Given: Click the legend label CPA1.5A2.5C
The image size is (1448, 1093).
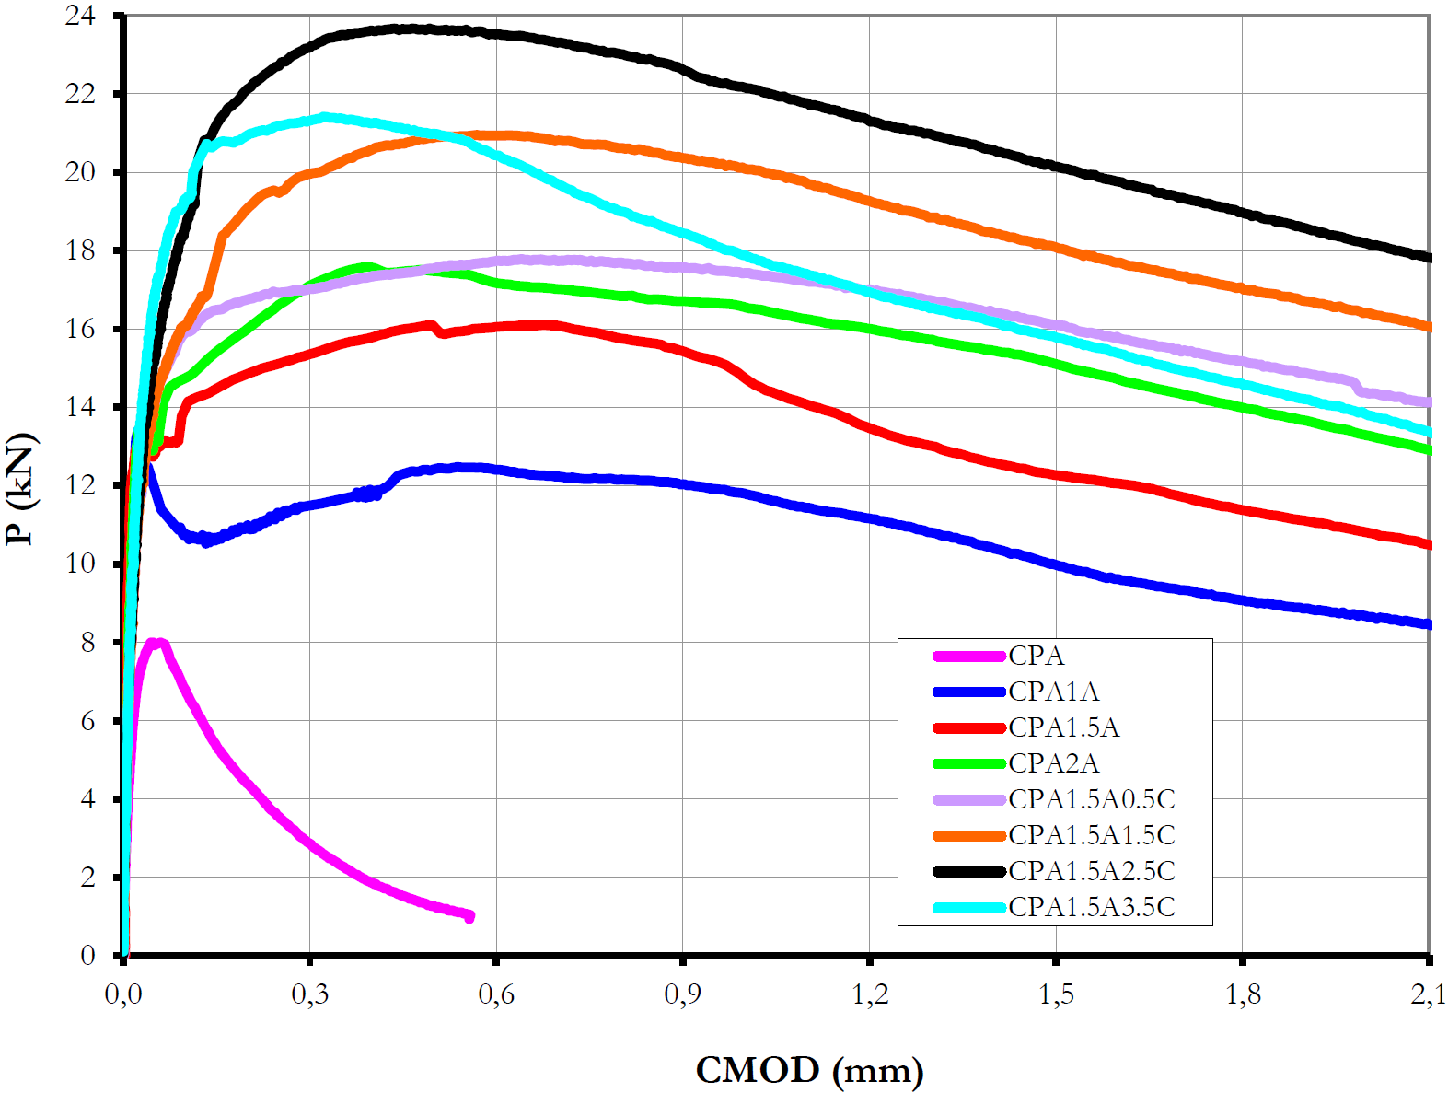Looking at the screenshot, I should point(1091,871).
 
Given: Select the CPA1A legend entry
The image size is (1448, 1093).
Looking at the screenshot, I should point(1053,692).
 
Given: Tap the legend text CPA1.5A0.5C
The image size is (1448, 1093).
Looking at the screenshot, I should point(1091,799).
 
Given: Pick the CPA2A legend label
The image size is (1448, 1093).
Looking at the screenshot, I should point(1053,763).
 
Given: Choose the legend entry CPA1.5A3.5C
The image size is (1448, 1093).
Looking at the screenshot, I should point(1091,907).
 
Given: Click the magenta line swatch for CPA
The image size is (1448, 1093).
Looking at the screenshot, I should point(968,657).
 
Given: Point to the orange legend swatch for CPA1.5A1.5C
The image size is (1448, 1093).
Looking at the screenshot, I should point(968,836).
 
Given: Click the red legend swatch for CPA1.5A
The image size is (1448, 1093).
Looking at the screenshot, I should point(968,728).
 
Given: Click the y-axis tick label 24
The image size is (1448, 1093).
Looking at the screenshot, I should point(80,16).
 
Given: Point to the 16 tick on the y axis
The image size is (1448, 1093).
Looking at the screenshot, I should point(80,329).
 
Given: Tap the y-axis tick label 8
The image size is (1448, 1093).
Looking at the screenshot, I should point(87,642).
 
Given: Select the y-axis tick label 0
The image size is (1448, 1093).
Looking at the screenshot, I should point(87,955).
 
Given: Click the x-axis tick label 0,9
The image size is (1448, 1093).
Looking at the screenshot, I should point(682,995).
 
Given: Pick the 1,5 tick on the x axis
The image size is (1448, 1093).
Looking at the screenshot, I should point(1056,995).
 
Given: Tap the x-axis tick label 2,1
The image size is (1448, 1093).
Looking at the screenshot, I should point(1427,995).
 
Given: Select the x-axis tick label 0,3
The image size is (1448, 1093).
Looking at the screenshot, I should point(309,995).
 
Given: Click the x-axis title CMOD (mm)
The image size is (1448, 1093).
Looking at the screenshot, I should point(809,1071).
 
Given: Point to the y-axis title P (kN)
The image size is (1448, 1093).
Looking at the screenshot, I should point(20,488).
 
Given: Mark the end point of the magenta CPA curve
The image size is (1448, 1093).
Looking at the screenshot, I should point(469,916).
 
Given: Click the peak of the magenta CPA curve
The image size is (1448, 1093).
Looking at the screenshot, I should point(155,643).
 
